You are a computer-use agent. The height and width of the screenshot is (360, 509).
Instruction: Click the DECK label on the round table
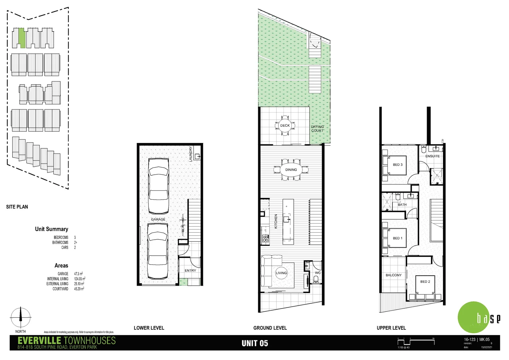click(x=285, y=126)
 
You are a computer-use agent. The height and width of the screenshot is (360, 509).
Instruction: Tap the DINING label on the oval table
click(x=291, y=170)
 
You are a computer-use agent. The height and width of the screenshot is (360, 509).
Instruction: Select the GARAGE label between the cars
click(x=158, y=219)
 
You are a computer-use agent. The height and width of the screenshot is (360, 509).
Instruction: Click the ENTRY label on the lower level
click(x=190, y=270)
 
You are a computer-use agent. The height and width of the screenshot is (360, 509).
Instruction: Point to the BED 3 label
click(x=397, y=165)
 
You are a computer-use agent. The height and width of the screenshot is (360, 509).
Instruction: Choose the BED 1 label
click(x=397, y=238)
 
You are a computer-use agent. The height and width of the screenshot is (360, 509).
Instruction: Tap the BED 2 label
click(x=425, y=282)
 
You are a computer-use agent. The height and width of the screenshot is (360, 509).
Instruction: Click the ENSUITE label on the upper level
click(x=432, y=156)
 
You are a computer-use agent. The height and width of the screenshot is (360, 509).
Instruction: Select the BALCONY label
click(x=393, y=275)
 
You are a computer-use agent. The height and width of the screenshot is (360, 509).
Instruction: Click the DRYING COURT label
click(x=317, y=129)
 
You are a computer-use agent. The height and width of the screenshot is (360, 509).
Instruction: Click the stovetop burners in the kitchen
click(x=265, y=238)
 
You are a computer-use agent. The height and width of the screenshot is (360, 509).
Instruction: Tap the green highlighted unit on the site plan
click(x=22, y=38)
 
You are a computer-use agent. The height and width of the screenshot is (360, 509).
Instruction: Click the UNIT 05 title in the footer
click(x=254, y=343)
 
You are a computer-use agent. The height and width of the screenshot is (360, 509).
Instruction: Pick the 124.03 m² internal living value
click(x=80, y=279)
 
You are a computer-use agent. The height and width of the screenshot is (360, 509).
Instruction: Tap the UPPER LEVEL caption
click(x=391, y=328)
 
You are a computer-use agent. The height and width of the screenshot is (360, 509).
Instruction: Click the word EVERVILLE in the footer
click(x=39, y=341)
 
